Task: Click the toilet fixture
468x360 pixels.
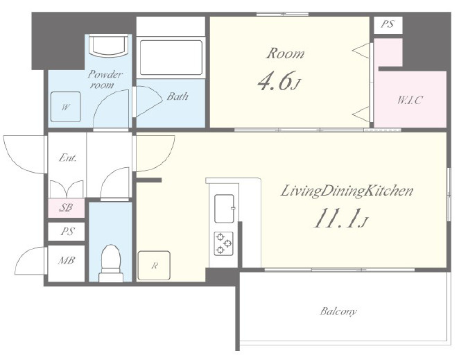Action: (111, 264)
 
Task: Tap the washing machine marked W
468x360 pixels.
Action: (66, 107)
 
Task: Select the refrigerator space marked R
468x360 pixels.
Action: (154, 266)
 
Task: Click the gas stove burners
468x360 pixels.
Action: (223, 243)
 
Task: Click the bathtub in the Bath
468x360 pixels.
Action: (171, 58)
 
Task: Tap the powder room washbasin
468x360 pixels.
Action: (109, 45)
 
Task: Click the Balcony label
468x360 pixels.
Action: (338, 311)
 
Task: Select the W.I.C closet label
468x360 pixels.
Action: (410, 100)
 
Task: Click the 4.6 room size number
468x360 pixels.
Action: (274, 81)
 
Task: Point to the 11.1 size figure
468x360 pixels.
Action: (335, 218)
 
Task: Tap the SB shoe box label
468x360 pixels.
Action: (66, 207)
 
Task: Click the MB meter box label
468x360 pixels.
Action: (67, 260)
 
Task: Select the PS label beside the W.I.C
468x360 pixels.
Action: (388, 24)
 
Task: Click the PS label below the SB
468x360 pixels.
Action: (67, 232)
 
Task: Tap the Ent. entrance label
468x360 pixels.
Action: (67, 157)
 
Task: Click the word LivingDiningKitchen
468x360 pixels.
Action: (347, 191)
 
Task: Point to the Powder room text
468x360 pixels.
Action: (105, 79)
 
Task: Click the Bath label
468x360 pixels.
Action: (177, 96)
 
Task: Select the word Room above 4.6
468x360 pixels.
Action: (286, 53)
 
